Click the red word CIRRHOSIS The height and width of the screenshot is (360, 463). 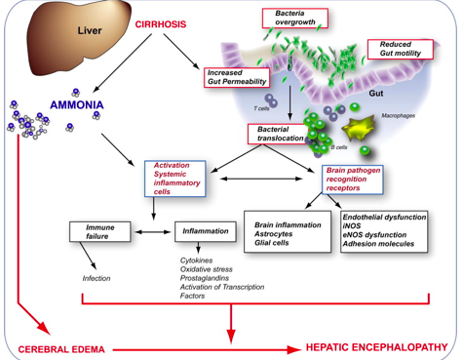pos(161,24)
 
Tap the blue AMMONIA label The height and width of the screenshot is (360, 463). pos(77,104)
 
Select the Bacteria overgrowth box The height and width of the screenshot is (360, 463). pos(295,19)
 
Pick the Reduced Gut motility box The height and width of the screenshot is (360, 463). pos(401,49)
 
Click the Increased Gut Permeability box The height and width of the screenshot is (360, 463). pos(237,77)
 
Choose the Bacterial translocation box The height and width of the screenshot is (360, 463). pos(278,134)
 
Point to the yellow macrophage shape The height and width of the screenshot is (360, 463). pos(358,129)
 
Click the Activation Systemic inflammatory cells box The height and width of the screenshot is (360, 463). pos(175,179)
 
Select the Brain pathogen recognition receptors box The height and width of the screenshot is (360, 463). pos(353,180)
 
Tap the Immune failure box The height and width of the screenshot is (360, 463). pos(100,231)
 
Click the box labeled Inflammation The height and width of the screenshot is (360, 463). pos(206,231)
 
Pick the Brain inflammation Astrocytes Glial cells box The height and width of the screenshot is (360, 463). pos(288,231)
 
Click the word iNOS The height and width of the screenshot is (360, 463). pos(352,225)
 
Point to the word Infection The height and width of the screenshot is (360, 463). pos(96,278)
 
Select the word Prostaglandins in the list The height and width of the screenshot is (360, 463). pos(205,278)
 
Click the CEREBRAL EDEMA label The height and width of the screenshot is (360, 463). pos(61,349)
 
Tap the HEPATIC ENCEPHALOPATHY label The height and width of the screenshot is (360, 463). pos(377,347)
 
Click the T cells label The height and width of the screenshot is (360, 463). pos(261,108)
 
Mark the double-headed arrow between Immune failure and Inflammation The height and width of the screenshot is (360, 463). pos(153,232)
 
